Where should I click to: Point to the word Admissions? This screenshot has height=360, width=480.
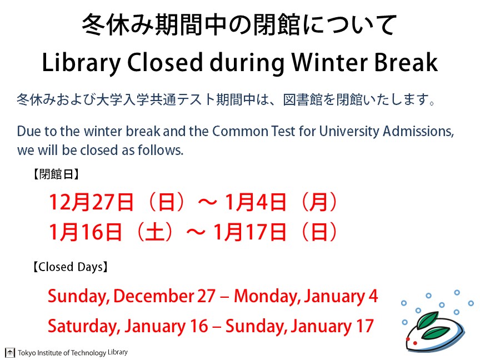tap(418, 131)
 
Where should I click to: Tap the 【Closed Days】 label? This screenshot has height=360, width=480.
tap(71, 267)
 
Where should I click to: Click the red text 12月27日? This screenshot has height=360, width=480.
tap(91, 202)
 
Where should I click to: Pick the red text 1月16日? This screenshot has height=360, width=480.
tap(86, 232)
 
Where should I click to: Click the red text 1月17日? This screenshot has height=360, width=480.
tap(249, 232)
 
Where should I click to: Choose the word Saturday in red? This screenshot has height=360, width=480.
tap(84, 326)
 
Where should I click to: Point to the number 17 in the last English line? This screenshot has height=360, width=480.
tap(364, 326)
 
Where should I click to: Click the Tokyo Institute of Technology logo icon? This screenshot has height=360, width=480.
tap(10, 353)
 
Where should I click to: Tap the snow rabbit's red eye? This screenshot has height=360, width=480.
tap(408, 339)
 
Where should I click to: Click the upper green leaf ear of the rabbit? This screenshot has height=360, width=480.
tap(428, 319)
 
